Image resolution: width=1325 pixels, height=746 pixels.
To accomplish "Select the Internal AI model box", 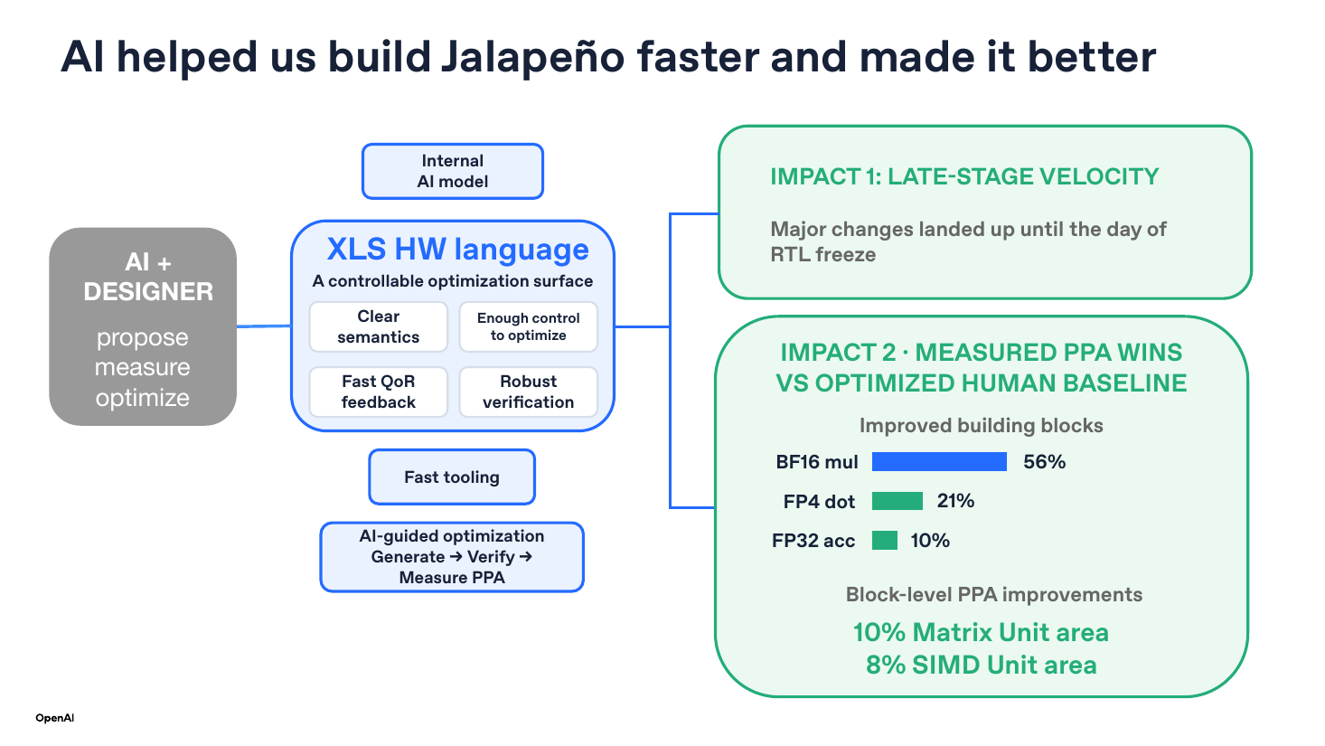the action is [x=453, y=171].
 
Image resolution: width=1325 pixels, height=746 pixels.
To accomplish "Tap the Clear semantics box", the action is [x=378, y=326].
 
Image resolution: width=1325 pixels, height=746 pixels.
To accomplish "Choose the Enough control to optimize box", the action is [x=528, y=326].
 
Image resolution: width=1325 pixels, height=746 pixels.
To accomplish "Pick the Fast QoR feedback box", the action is [x=378, y=392].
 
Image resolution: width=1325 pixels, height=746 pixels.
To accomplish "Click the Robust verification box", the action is [x=528, y=392].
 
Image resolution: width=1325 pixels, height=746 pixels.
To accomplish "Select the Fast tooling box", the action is [x=452, y=477].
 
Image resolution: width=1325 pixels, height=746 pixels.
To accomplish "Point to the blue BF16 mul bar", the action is [x=939, y=461].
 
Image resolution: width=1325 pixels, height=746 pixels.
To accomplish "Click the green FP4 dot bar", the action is [x=897, y=501].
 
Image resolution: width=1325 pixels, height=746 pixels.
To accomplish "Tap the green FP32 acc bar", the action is [x=884, y=540].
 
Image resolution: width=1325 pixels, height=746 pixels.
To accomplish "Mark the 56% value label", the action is [x=1045, y=461].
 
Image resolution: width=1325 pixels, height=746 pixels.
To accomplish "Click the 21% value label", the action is [x=955, y=501].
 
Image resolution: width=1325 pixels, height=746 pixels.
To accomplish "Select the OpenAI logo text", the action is [x=55, y=718].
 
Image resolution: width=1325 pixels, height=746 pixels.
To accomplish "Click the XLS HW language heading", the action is [x=458, y=249].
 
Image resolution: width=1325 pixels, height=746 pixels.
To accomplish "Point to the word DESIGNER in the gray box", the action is [x=148, y=292].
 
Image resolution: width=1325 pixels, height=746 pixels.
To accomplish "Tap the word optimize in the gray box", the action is [x=143, y=399].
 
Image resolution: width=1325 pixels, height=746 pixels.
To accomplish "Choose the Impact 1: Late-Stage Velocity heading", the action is [x=964, y=176].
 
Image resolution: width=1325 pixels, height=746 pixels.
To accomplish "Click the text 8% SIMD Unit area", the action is [x=982, y=665].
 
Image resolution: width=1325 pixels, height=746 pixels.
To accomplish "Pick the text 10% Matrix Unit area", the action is [x=981, y=632].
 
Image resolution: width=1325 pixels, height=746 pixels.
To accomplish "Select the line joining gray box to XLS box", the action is [x=264, y=326].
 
